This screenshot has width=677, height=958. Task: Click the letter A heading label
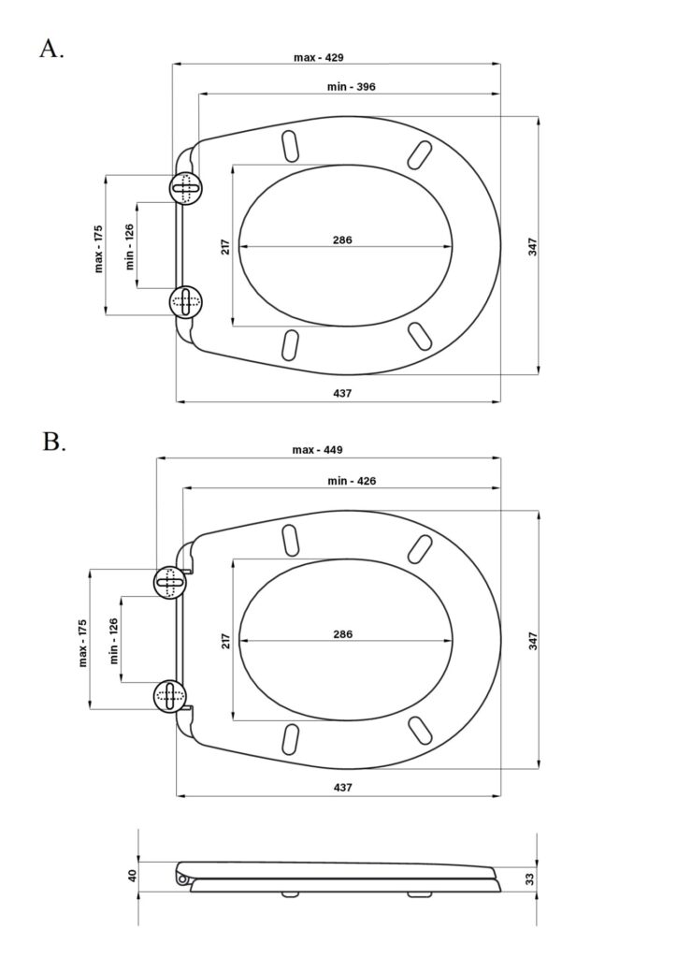click(x=51, y=49)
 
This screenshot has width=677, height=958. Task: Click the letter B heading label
click(x=53, y=442)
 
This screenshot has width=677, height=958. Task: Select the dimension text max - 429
click(x=319, y=57)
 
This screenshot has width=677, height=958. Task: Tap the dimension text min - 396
click(x=353, y=87)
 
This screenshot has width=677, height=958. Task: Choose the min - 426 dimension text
click(x=352, y=481)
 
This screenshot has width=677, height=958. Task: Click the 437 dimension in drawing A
click(x=342, y=394)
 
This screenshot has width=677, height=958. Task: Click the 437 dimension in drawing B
click(x=342, y=788)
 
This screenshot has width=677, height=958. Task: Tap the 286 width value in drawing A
click(x=342, y=240)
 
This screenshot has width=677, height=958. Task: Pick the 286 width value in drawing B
click(x=342, y=634)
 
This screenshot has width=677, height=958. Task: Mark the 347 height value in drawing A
click(x=532, y=247)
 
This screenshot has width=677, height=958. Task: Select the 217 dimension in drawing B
click(x=225, y=641)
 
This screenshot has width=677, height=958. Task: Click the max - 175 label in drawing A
click(x=98, y=248)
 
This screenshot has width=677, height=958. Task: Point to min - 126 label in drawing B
click(x=114, y=641)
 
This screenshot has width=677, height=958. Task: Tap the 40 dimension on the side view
click(x=132, y=876)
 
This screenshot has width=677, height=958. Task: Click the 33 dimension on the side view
click(x=529, y=878)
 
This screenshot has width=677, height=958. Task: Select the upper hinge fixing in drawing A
click(x=185, y=187)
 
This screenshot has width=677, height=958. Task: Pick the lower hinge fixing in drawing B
click(x=169, y=694)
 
